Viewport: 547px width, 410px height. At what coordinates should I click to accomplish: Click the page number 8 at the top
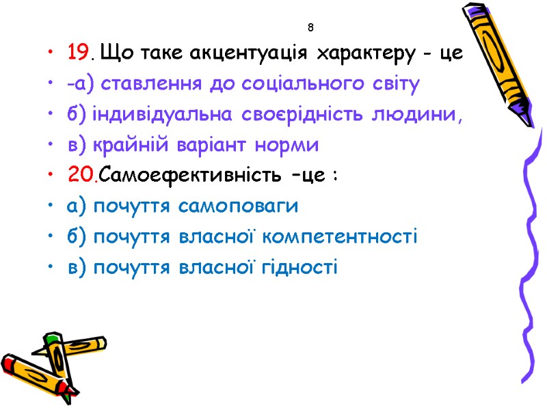coord(310,28)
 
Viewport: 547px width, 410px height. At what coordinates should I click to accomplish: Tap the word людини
coord(422,114)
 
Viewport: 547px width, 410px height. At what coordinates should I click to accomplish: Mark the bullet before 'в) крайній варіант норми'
coord(53,146)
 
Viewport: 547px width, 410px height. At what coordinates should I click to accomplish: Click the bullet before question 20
coord(53,176)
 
